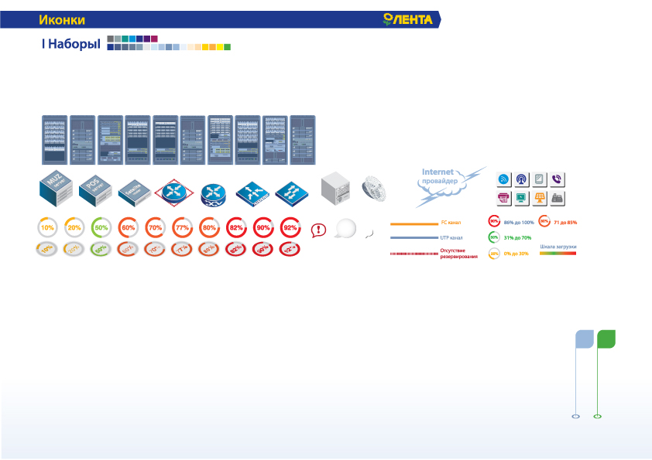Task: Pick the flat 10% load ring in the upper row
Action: pyautogui.click(x=48, y=228)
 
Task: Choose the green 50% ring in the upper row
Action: pyautogui.click(x=100, y=228)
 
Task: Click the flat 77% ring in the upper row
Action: pyautogui.click(x=182, y=228)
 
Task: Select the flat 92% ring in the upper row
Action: pyautogui.click(x=290, y=228)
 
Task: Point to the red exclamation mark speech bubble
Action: pyautogui.click(x=318, y=229)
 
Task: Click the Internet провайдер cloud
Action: pyautogui.click(x=444, y=182)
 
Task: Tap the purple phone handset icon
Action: pyautogui.click(x=557, y=179)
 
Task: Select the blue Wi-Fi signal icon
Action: pyautogui.click(x=503, y=179)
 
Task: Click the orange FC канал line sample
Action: pyautogui.click(x=414, y=223)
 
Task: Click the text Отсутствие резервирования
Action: pyautogui.click(x=458, y=253)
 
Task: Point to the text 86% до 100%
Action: pyautogui.click(x=519, y=223)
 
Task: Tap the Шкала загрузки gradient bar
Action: pyautogui.click(x=558, y=253)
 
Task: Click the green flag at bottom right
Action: pyautogui.click(x=606, y=339)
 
